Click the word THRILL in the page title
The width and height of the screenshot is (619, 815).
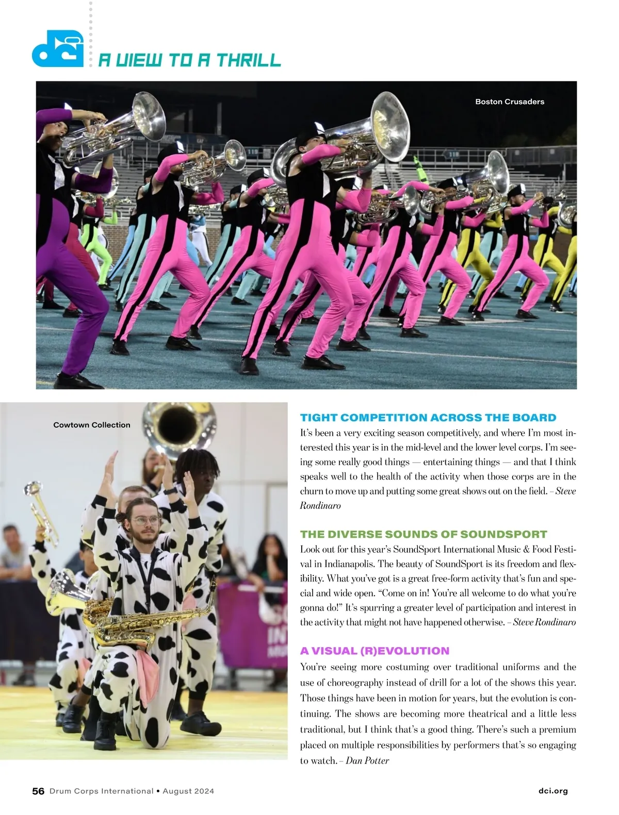click(249, 60)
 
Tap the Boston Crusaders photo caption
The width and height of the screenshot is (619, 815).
click(510, 102)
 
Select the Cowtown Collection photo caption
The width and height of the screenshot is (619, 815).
click(92, 425)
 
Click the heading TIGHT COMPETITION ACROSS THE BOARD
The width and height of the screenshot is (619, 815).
click(428, 418)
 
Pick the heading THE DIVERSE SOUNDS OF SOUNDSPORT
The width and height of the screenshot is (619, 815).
click(423, 534)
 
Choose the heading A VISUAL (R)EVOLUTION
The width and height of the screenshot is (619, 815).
click(374, 651)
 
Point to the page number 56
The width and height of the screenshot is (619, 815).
click(38, 791)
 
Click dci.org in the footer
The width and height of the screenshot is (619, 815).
click(552, 791)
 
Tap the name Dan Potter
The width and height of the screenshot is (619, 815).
click(367, 760)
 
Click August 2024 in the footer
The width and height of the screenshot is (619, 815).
click(188, 791)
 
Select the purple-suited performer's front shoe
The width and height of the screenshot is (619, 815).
click(77, 381)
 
